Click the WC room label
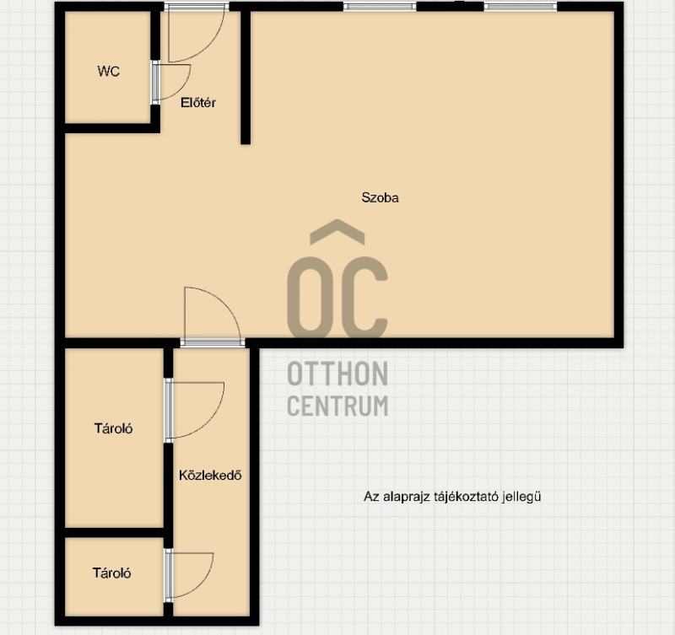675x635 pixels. coord(109,71)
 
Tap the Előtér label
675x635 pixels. coord(198,102)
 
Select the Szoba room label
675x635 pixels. coord(381,197)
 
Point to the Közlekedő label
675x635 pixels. coord(210,475)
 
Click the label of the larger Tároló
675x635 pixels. coord(113,428)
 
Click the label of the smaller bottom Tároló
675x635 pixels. coord(111,573)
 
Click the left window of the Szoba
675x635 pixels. coord(380,7)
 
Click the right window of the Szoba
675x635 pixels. coord(521,7)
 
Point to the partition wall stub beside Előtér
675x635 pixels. coord(246,78)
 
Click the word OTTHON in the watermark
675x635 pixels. coord(337,374)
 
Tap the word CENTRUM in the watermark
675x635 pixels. coord(337,406)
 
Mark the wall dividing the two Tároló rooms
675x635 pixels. coord(115,533)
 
